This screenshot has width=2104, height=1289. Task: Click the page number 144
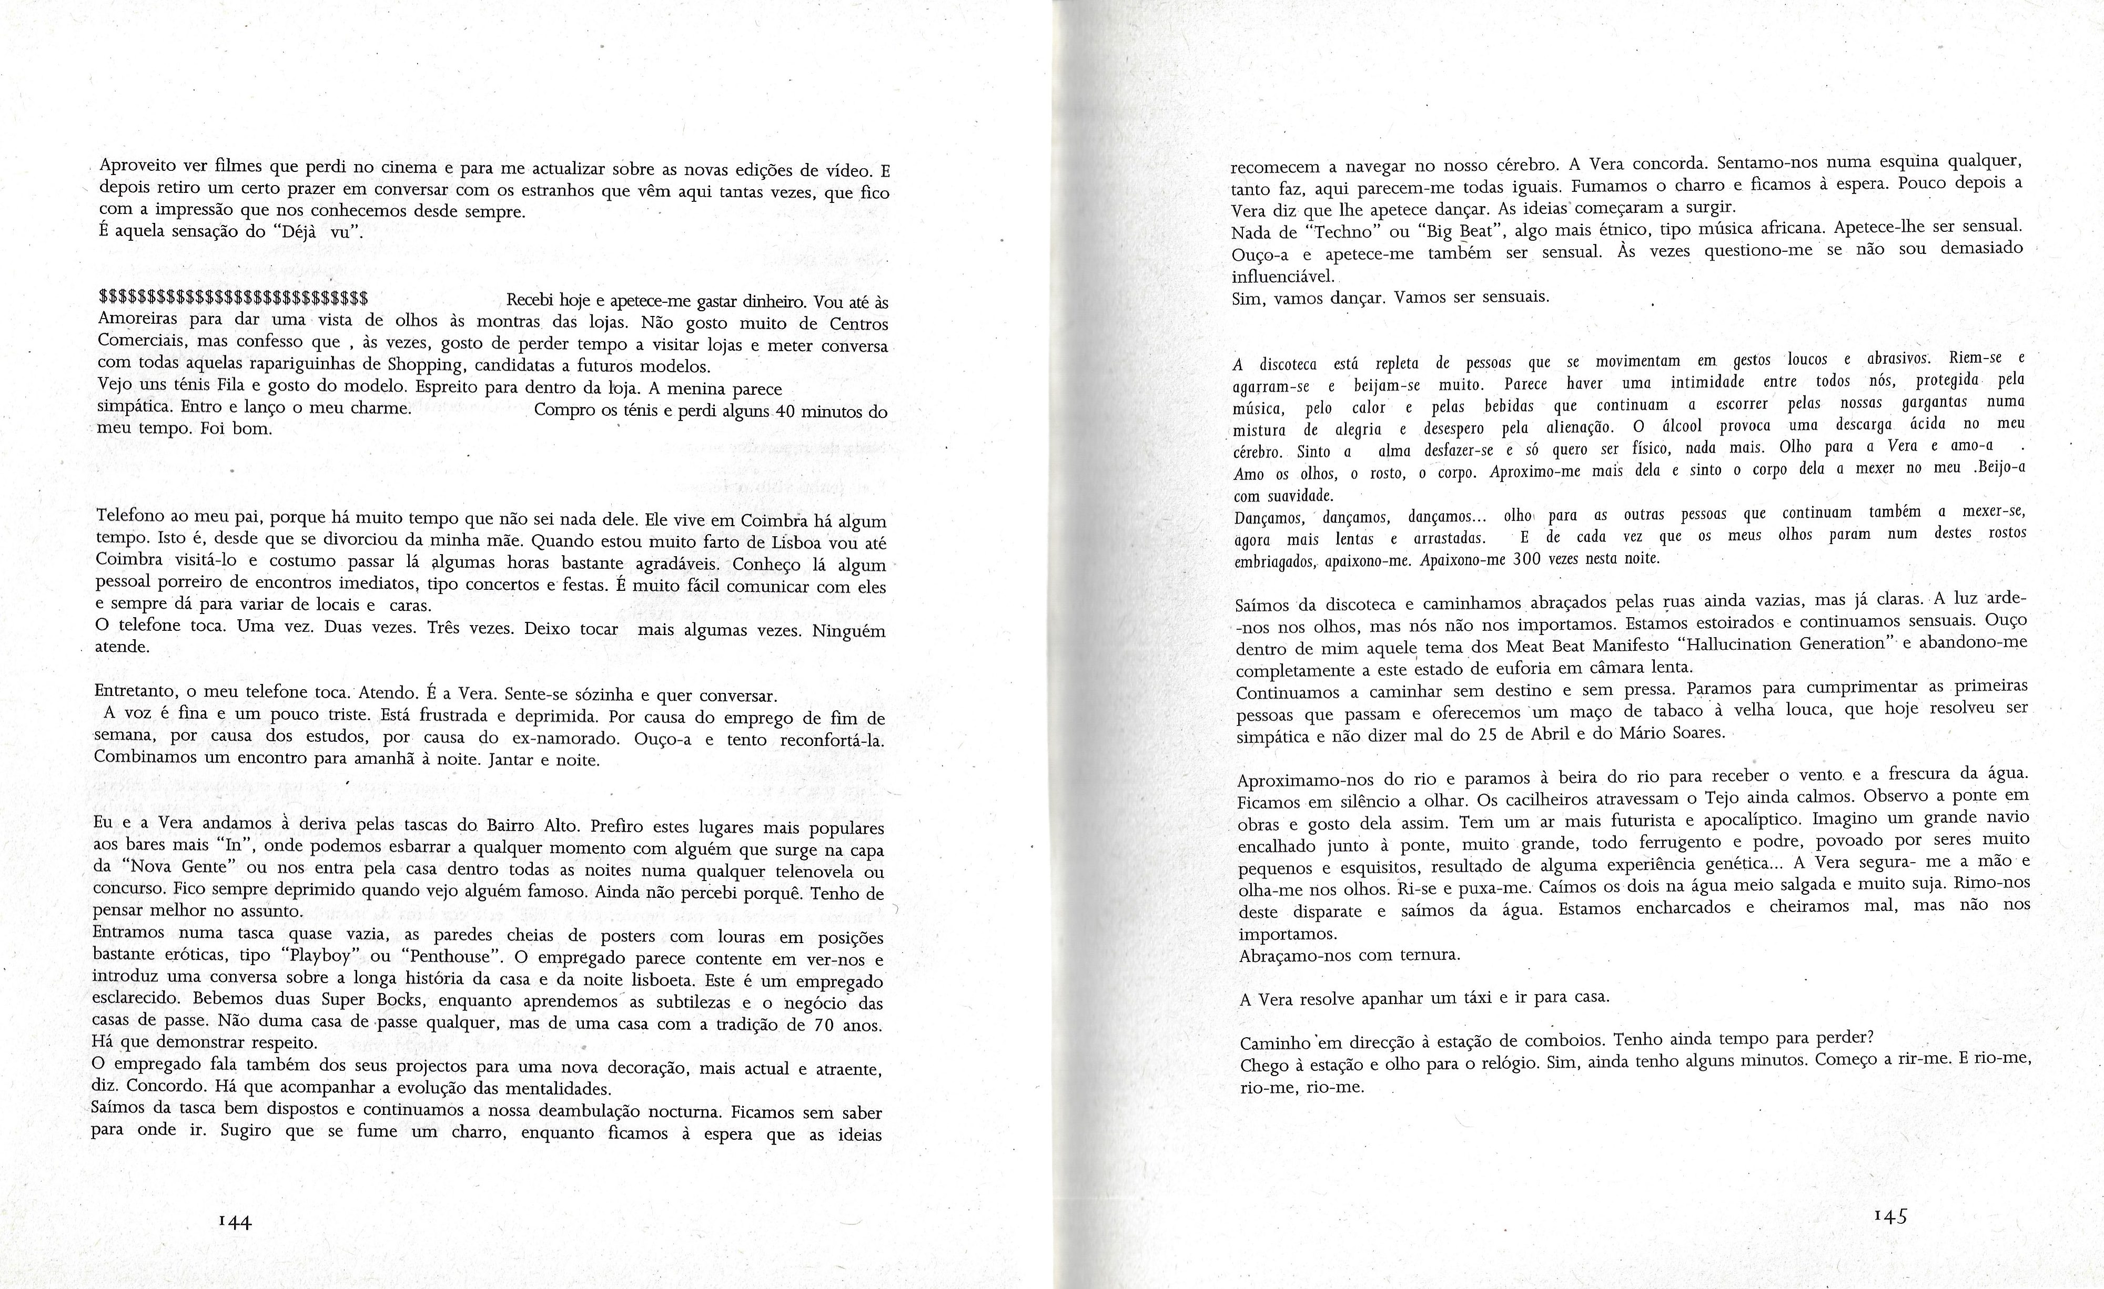(x=235, y=1222)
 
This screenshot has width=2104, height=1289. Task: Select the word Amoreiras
(x=137, y=321)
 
